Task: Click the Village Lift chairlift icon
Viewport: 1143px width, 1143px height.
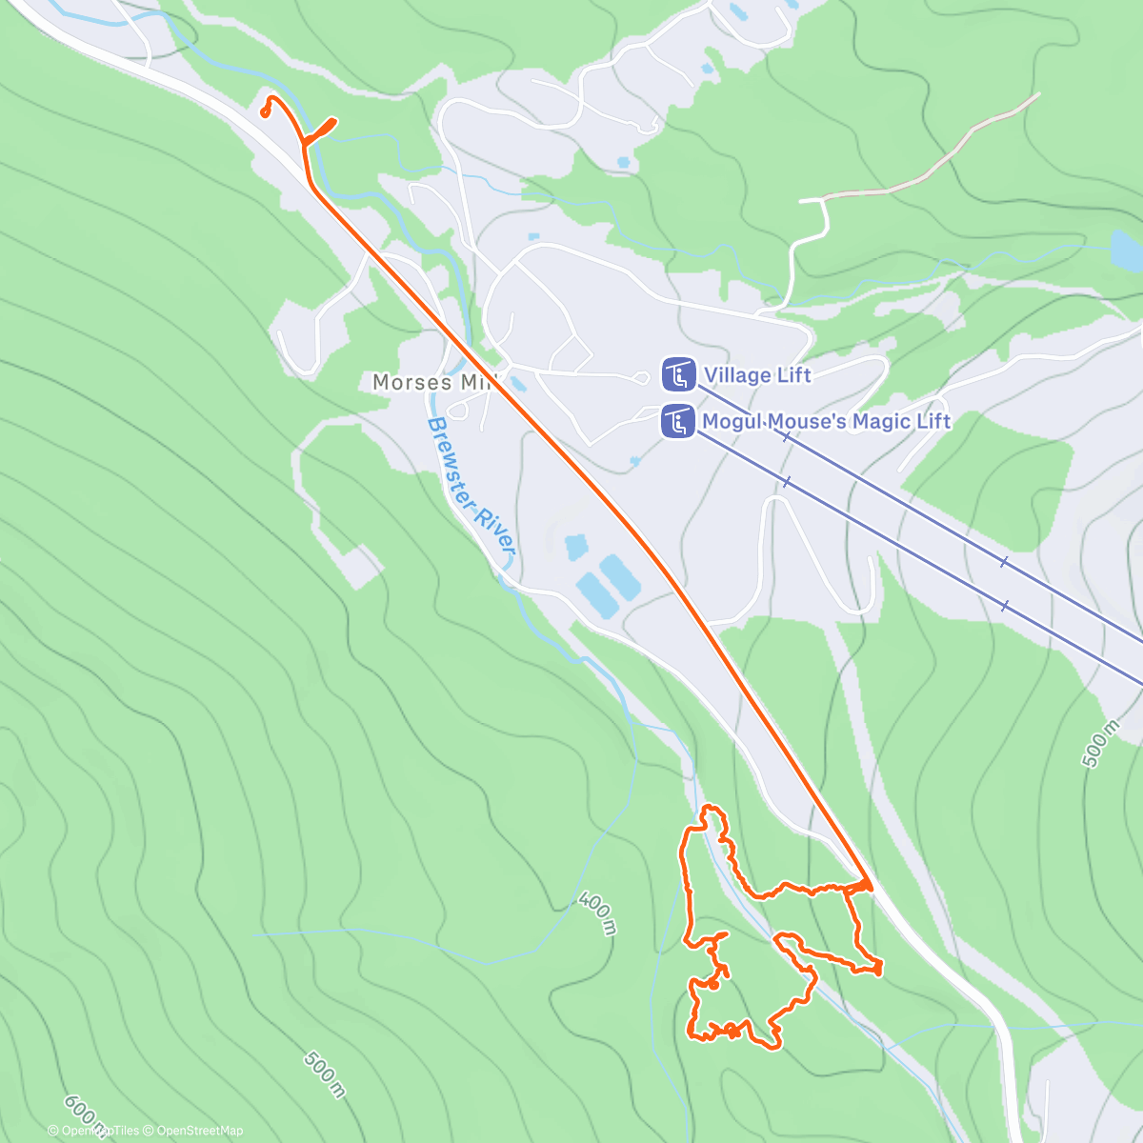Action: (678, 374)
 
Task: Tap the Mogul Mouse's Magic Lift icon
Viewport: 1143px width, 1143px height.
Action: (678, 421)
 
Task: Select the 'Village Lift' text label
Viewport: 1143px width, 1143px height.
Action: (757, 374)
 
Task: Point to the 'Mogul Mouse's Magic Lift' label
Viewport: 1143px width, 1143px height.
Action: (826, 421)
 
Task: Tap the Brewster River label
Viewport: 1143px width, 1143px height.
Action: (471, 487)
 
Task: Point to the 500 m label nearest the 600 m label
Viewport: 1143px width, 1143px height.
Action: (325, 1074)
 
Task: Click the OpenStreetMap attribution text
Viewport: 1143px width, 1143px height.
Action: (200, 1131)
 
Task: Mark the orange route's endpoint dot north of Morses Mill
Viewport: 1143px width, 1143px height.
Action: (265, 112)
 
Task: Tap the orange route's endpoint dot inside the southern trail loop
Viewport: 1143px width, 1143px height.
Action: (712, 987)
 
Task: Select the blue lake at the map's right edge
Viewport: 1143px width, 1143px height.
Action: (1126, 250)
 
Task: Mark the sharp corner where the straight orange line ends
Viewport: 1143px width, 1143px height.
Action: (870, 885)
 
